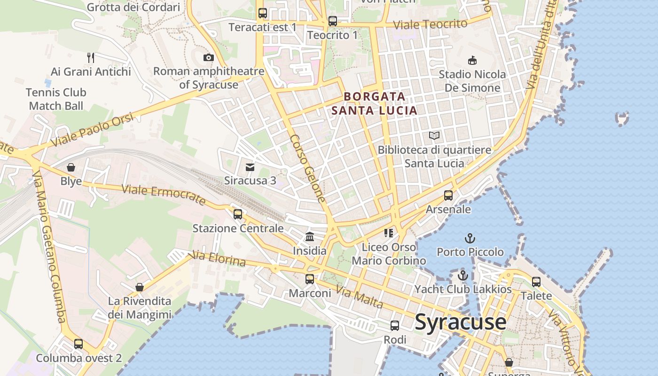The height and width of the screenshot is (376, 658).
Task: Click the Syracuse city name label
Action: [x=461, y=322]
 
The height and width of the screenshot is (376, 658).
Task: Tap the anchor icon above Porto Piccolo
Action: [x=470, y=238]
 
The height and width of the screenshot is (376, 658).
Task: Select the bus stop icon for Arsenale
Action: [x=448, y=195]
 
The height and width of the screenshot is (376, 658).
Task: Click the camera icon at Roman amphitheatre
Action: [x=209, y=57]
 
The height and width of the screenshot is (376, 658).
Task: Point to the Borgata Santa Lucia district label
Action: [x=375, y=103]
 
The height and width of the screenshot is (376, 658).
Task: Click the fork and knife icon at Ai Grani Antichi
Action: [x=91, y=58]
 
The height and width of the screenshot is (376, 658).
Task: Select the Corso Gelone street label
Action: [x=308, y=168]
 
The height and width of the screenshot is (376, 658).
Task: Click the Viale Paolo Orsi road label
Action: [x=92, y=130]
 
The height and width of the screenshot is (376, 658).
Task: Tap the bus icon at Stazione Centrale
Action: [x=238, y=214]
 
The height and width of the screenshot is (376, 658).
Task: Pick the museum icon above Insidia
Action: [x=310, y=236]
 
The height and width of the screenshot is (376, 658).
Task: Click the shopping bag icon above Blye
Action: [x=71, y=167]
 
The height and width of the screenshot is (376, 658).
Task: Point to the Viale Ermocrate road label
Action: [x=164, y=195]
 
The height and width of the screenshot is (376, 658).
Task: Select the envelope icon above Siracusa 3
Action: [x=250, y=167]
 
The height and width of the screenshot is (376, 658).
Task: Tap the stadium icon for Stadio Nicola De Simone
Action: [x=472, y=60]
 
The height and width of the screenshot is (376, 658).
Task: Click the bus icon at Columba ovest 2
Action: [x=78, y=344]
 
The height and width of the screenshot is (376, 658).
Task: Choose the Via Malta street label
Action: [x=360, y=298]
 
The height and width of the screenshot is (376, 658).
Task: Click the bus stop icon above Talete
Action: [x=536, y=282]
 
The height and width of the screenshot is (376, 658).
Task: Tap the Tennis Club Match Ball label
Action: [x=56, y=99]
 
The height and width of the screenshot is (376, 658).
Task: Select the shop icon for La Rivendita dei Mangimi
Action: [x=140, y=287]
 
